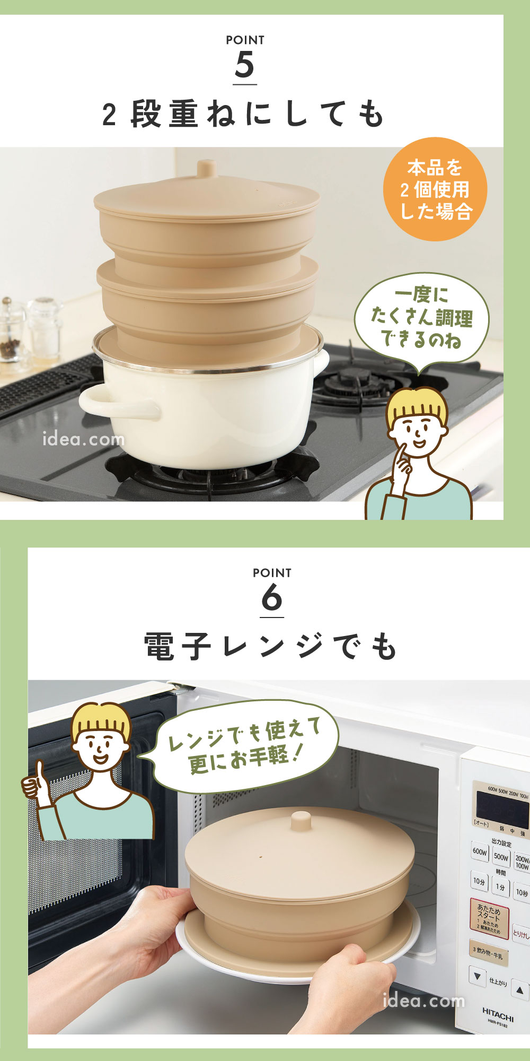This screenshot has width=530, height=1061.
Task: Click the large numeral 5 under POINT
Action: tap(245, 65)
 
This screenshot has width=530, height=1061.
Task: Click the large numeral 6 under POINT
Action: tap(271, 598)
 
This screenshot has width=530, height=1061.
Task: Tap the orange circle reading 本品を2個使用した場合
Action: tap(435, 189)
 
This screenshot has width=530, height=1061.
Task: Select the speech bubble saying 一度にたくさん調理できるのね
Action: tap(421, 318)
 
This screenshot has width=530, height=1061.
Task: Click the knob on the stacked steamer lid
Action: tap(207, 169)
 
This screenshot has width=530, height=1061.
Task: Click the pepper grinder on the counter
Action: tap(7, 329)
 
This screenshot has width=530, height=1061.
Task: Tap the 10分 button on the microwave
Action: tap(479, 881)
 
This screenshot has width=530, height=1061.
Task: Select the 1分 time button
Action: tap(500, 886)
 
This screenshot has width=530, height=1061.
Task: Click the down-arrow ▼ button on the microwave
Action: tap(478, 976)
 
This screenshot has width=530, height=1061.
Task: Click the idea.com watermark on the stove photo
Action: tap(84, 439)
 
